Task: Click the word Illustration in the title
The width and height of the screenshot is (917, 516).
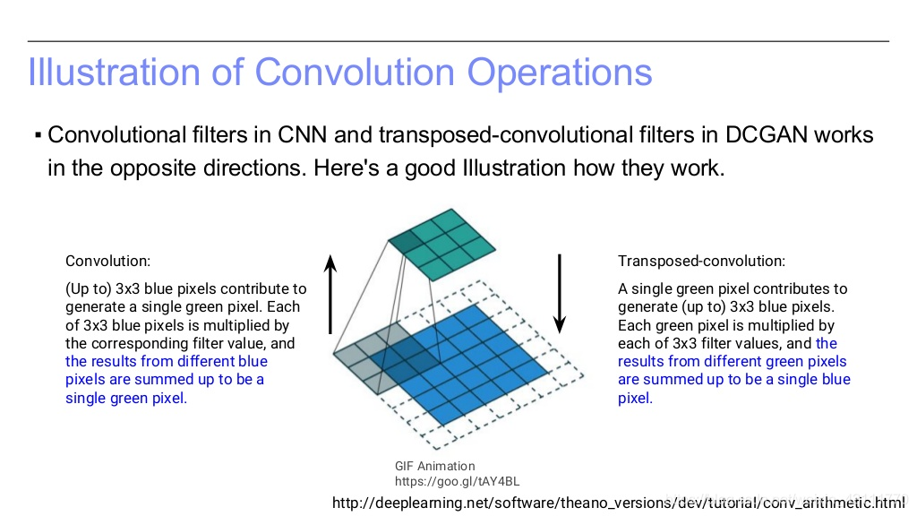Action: pyautogui.click(x=115, y=72)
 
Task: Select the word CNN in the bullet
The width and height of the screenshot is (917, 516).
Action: pyautogui.click(x=301, y=134)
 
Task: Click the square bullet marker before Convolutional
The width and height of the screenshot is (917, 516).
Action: pyautogui.click(x=38, y=136)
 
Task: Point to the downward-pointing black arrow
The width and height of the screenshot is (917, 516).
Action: pyautogui.click(x=560, y=294)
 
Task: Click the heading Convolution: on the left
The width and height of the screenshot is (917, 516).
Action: pyautogui.click(x=107, y=261)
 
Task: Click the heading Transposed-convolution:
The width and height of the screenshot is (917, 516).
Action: pyautogui.click(x=701, y=261)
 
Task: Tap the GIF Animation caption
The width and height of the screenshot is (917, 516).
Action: pyautogui.click(x=434, y=466)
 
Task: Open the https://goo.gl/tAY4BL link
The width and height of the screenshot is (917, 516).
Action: pyautogui.click(x=457, y=481)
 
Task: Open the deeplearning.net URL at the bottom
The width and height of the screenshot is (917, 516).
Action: pyautogui.click(x=618, y=503)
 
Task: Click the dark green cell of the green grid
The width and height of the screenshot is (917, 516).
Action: pyautogui.click(x=406, y=240)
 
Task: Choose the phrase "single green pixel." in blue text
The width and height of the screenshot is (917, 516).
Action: pyautogui.click(x=126, y=398)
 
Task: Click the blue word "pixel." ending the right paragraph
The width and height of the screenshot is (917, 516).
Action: pyautogui.click(x=635, y=398)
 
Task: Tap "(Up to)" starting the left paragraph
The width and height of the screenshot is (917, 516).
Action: pyautogui.click(x=89, y=289)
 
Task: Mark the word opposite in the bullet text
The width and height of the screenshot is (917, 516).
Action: pyautogui.click(x=153, y=168)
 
